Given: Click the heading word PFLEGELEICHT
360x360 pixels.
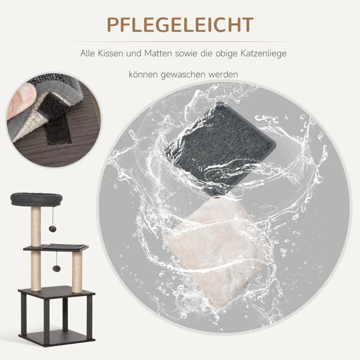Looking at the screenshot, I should pyautogui.click(x=180, y=27).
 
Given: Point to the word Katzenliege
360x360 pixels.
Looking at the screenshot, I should pyautogui.click(x=260, y=54).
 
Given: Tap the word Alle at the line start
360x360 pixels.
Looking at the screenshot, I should pyautogui.click(x=88, y=54).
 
